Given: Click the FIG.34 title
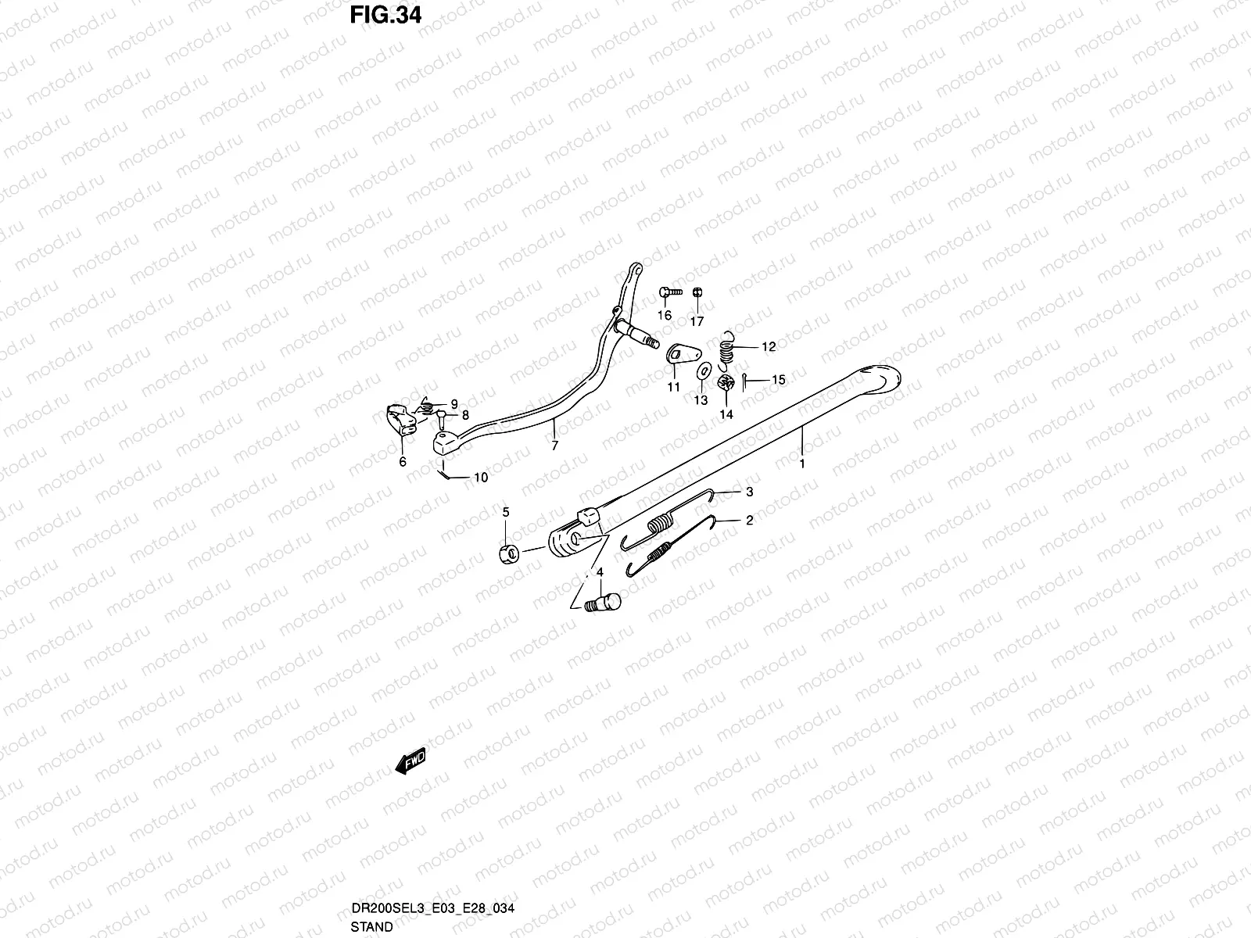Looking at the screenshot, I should click(x=385, y=14).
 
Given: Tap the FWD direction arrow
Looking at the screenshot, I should click(x=410, y=761).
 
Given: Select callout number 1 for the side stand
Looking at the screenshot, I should click(x=801, y=463).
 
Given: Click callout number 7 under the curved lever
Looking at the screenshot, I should click(x=554, y=446).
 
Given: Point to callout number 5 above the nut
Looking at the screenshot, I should click(x=506, y=513).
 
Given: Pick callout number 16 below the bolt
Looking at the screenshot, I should click(x=664, y=316).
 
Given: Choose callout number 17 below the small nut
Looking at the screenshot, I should click(x=697, y=320).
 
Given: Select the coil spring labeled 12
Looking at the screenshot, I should click(x=728, y=348).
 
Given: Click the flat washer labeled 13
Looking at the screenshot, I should click(x=701, y=370).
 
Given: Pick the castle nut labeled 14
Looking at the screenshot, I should click(x=725, y=384).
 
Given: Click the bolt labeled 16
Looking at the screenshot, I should click(x=665, y=292).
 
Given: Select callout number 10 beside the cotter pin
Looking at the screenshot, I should click(x=480, y=477).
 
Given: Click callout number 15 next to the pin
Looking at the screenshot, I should click(x=778, y=380).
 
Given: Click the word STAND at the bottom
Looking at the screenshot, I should click(x=372, y=927).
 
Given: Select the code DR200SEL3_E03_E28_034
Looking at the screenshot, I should click(x=432, y=908).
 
